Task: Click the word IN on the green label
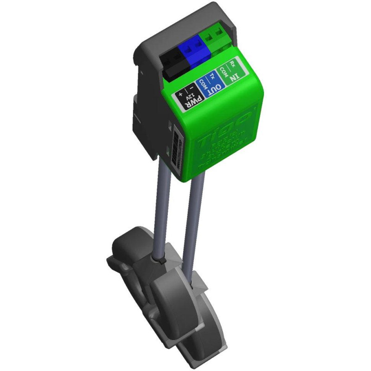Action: click(236, 74)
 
